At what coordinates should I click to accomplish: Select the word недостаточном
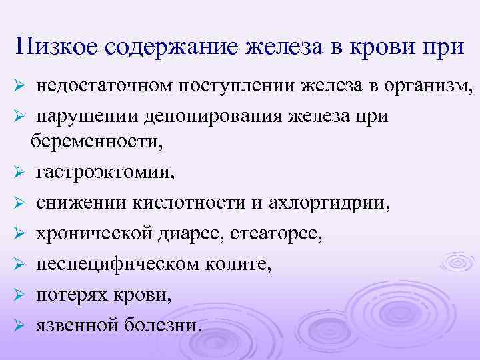(x=103, y=86)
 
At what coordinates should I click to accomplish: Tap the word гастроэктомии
(x=103, y=173)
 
